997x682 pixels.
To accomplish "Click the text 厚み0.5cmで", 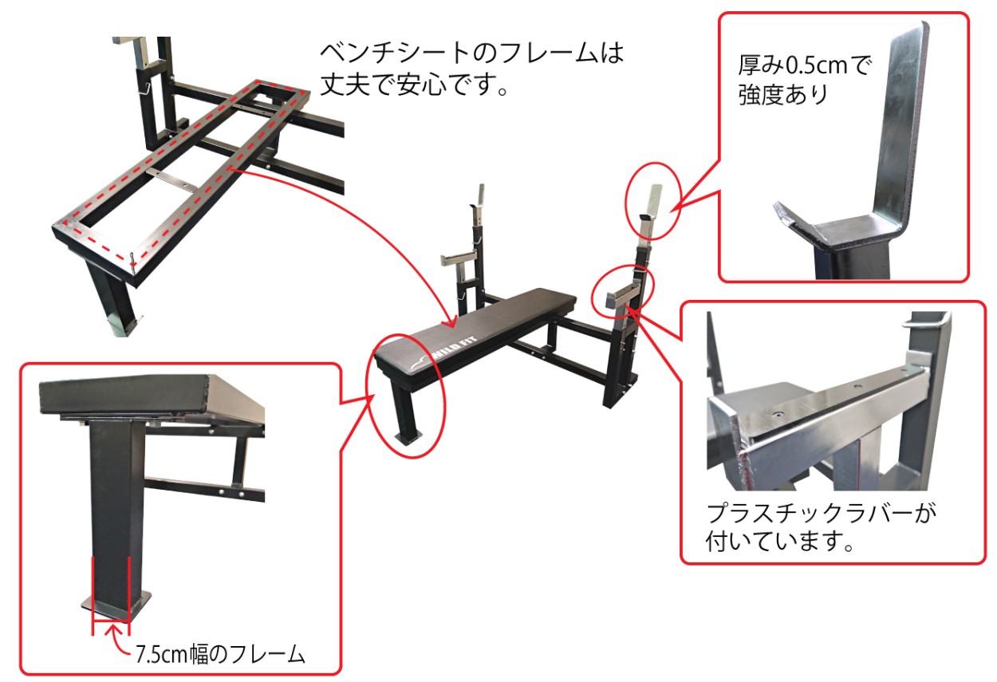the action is click(x=804, y=65).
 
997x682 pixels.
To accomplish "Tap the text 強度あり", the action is click(x=783, y=94).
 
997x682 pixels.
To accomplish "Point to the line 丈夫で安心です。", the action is click(x=414, y=84).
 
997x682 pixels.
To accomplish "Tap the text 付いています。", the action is click(x=779, y=542).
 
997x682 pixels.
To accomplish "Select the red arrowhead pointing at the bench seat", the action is click(x=453, y=321).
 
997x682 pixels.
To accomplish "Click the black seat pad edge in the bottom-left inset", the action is click(x=124, y=397).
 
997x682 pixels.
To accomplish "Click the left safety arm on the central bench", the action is click(x=459, y=262).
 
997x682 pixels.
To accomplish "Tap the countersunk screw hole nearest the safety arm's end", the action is click(x=778, y=414).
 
